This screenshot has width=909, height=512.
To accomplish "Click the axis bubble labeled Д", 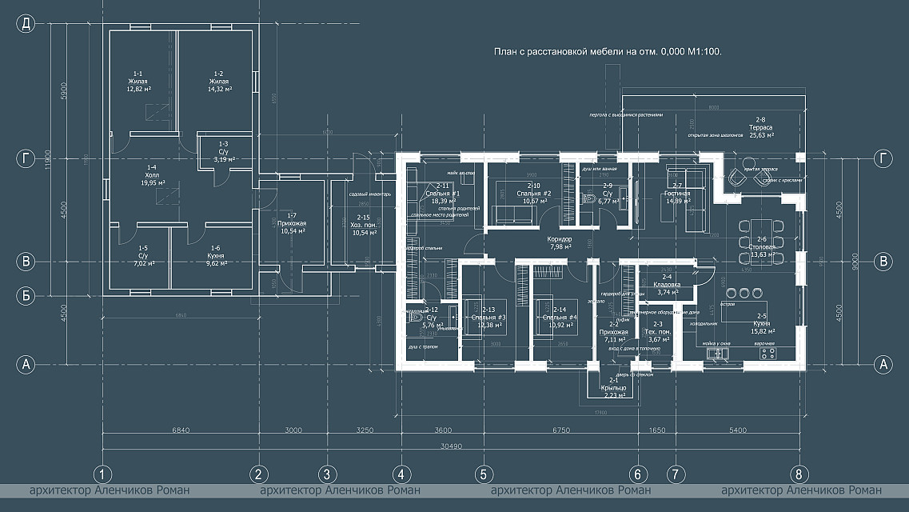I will coord(26,23).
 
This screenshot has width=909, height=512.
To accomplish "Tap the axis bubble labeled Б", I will coord(26,296).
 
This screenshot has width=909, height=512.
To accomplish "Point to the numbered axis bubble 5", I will coord(483,474).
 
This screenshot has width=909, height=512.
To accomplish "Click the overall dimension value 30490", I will coord(451,446).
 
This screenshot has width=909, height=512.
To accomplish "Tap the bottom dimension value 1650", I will coord(656,430).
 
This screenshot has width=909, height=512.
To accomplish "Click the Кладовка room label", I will coord(667,285).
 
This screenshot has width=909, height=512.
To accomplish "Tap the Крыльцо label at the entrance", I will coord(614,388).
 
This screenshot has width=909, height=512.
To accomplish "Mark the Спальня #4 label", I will coord(558,318).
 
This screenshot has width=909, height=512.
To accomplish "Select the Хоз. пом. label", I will coord(363,225).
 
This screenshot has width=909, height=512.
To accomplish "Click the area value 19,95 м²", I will coord(151,182).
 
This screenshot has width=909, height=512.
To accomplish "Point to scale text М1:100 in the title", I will coord(704,52).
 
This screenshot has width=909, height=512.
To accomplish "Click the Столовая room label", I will coord(762,248).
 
